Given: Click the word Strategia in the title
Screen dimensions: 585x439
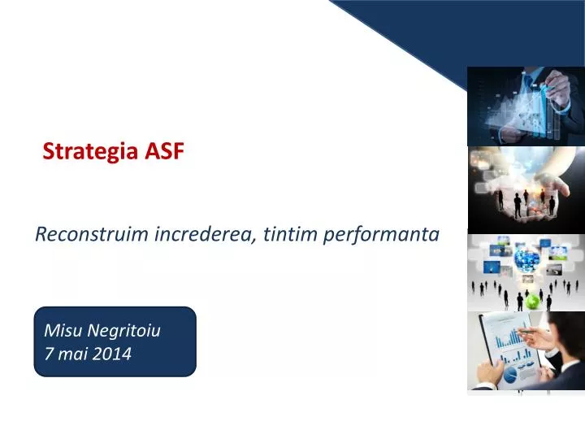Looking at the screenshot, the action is coord(90,151).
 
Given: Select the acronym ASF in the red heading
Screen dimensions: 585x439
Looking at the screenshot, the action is coord(164,151).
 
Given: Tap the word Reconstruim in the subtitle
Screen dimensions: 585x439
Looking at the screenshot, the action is coord(92,234).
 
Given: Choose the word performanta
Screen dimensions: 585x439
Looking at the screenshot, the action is coord(381,235).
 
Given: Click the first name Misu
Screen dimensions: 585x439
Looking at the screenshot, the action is coord(63,330).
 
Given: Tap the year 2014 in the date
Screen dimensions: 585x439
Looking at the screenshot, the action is coord(111,354).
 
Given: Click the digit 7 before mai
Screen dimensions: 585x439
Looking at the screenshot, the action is coord(49,354).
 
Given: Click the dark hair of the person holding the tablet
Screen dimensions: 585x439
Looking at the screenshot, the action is coord(568,329).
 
